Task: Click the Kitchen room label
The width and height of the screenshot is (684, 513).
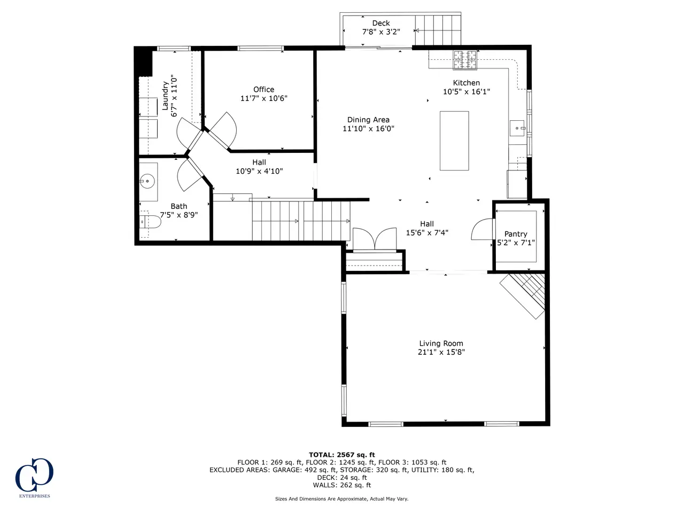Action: point(466,83)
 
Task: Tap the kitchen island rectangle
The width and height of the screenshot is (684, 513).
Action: point(454,141)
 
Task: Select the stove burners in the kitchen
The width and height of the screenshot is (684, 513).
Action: point(465,59)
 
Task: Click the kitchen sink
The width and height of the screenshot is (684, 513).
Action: point(517,128)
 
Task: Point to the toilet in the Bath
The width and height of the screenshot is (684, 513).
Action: point(150,221)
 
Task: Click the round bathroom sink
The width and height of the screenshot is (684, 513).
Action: point(147,181)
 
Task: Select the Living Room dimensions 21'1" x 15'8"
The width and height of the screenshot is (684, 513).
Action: point(441,352)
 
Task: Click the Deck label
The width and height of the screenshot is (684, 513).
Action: point(381,23)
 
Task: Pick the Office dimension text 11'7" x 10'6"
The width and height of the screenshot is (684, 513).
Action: point(263,98)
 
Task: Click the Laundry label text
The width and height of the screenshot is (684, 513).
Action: point(165,96)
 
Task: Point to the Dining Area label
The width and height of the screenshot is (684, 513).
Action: point(368,120)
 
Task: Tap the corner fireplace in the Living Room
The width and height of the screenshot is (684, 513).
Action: point(523,296)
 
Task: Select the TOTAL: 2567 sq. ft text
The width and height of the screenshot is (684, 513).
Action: point(342,455)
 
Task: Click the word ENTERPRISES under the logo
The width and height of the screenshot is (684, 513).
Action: point(35,496)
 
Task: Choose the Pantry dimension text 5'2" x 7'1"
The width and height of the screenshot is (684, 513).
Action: point(516,242)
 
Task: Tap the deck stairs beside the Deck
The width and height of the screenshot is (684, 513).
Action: point(438,30)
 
